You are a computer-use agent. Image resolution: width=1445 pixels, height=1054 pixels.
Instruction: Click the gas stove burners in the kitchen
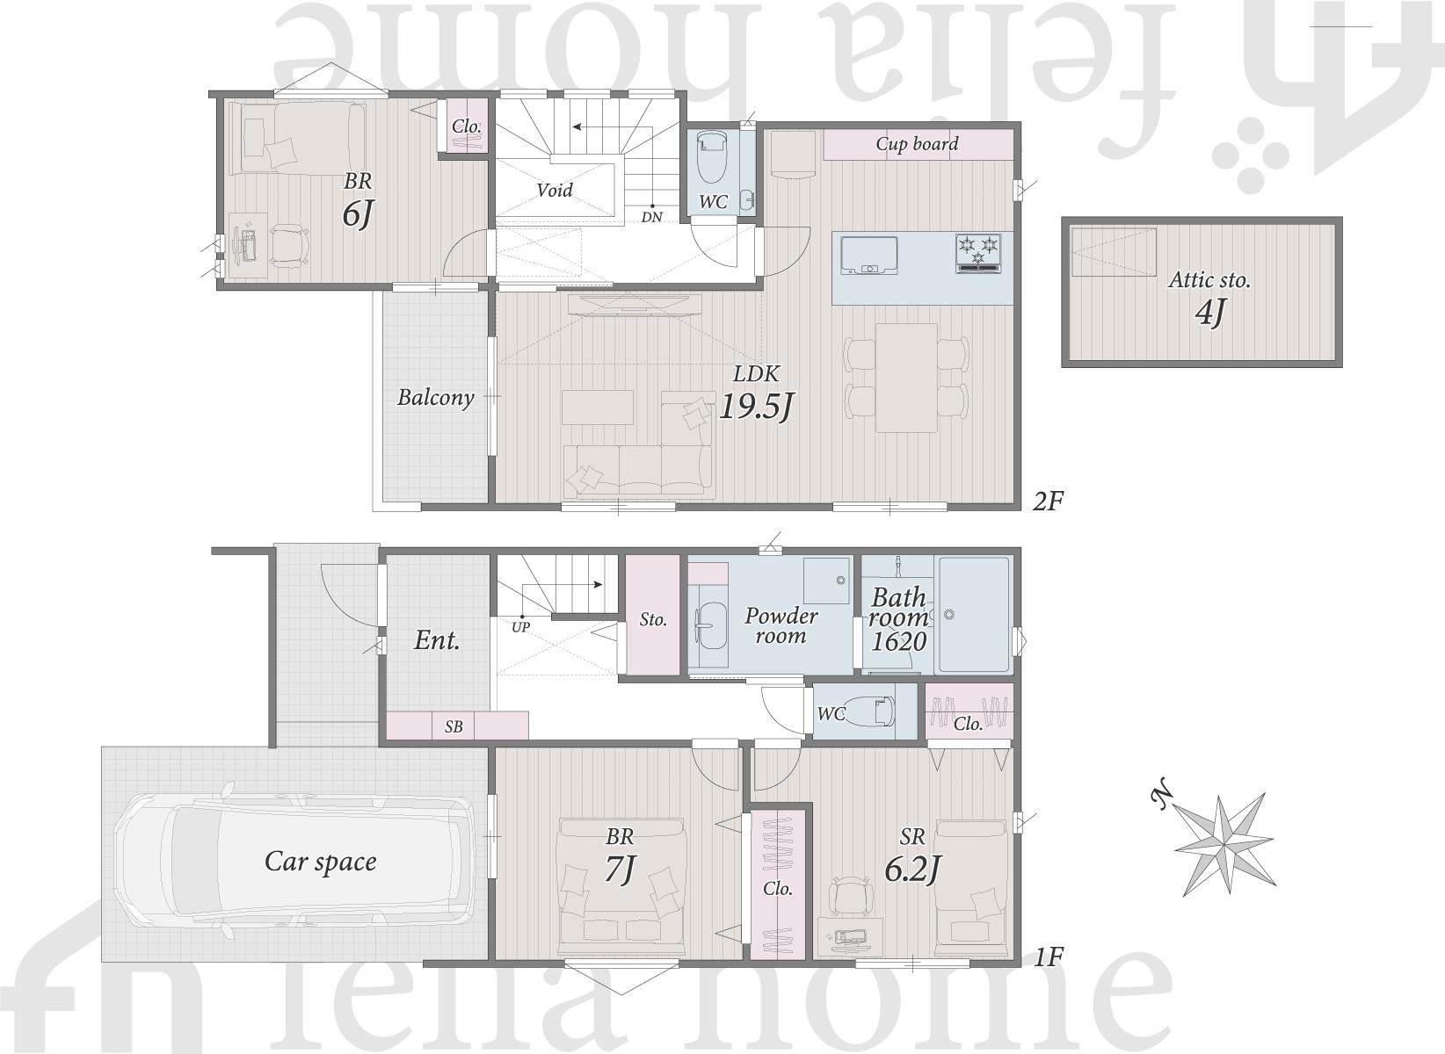[x=978, y=252]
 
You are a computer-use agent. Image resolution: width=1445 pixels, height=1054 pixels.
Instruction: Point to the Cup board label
[x=917, y=144]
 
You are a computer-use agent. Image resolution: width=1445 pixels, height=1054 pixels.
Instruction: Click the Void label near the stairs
[x=555, y=191]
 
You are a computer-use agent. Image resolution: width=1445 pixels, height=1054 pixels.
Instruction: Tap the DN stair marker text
[x=651, y=217]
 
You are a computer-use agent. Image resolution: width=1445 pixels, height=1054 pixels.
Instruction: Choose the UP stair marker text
[x=520, y=626]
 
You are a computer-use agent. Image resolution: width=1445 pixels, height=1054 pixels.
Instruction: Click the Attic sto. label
[x=1209, y=280]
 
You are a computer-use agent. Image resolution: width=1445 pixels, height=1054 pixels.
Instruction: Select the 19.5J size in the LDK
[x=755, y=407]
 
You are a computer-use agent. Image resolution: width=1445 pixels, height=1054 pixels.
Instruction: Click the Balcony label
[x=435, y=398]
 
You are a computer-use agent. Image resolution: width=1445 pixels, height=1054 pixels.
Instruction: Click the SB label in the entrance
[x=454, y=726]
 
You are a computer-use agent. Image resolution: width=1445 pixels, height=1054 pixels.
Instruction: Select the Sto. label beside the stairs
[x=653, y=619]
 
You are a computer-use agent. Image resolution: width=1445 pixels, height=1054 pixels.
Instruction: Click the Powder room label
[x=781, y=625]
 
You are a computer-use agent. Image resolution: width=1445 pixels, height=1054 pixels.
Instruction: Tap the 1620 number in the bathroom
[x=898, y=641]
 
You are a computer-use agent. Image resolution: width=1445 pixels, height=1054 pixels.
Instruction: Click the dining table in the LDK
[x=906, y=378]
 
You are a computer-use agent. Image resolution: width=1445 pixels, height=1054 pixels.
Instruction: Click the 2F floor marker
[x=1047, y=501]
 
